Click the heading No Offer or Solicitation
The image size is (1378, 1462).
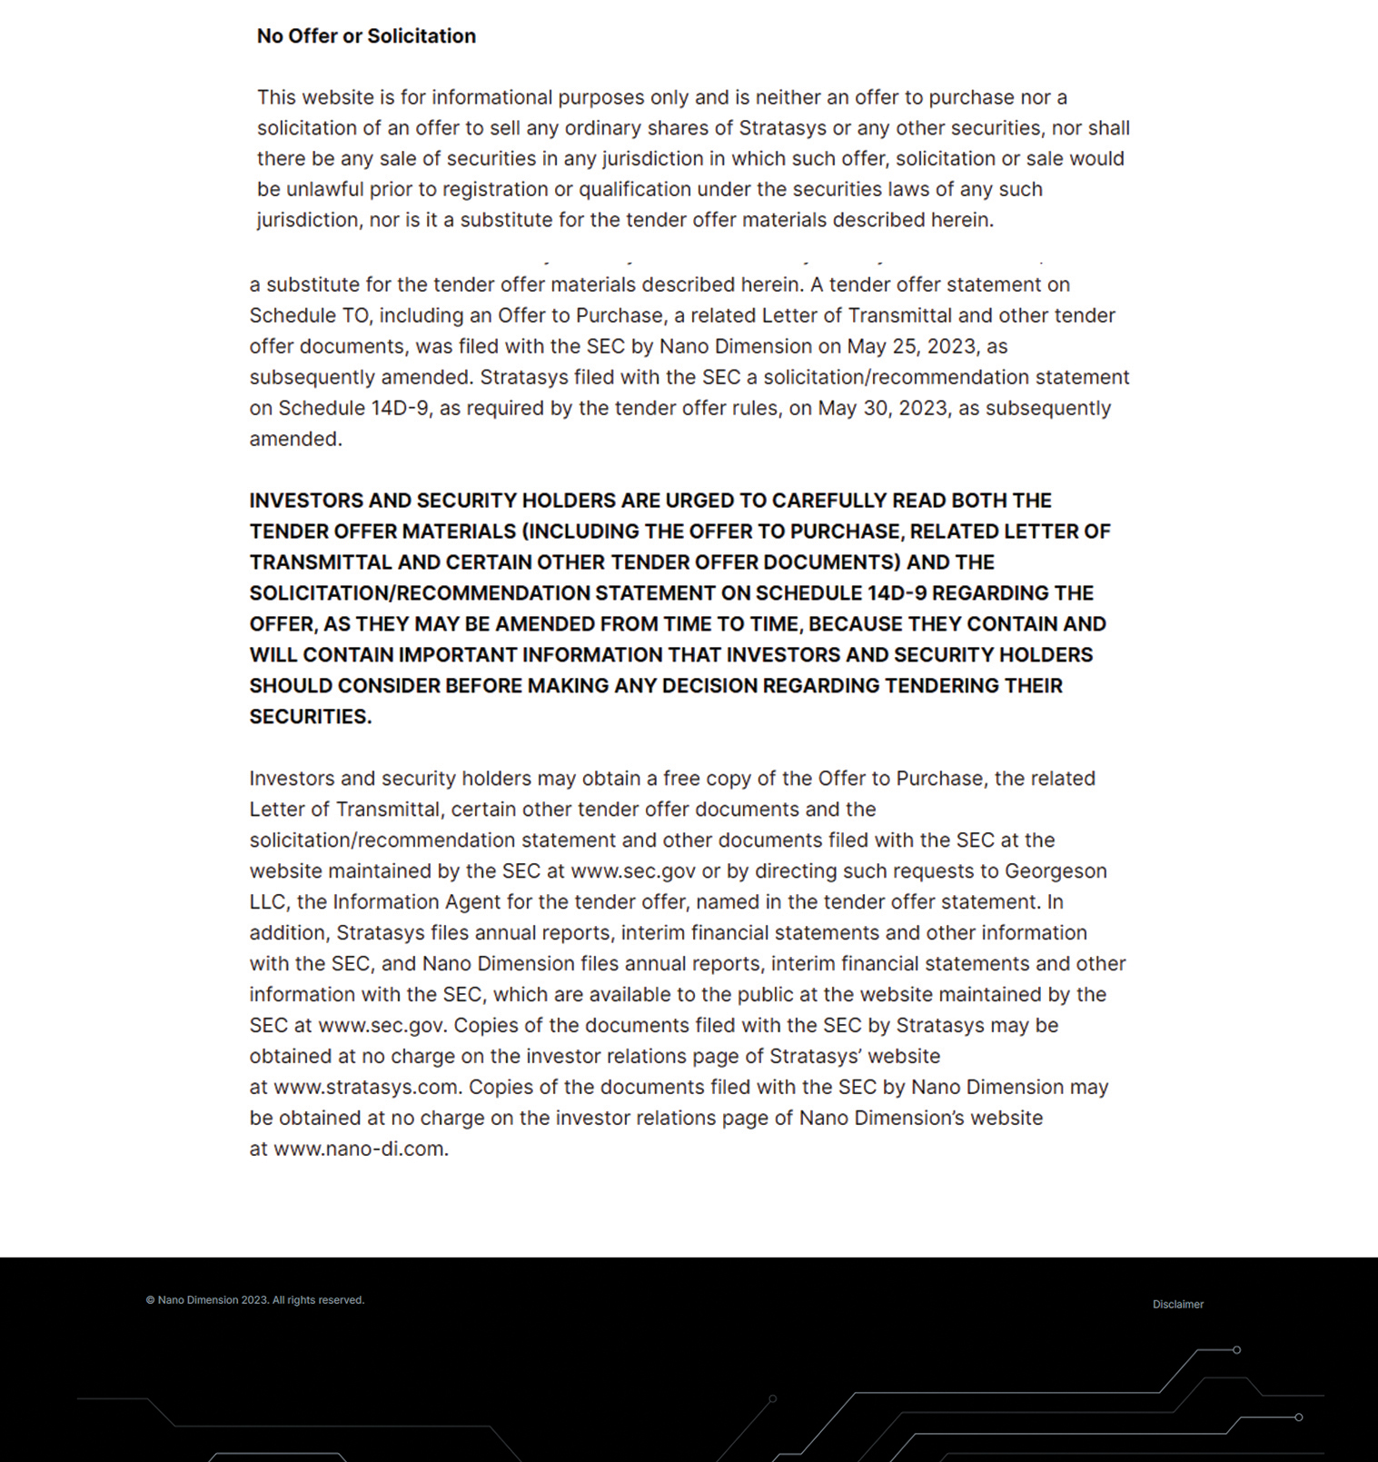tap(366, 36)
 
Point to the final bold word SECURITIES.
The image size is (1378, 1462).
tap(310, 717)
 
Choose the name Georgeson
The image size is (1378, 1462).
tap(1055, 871)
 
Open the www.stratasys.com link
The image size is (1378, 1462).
tap(366, 1088)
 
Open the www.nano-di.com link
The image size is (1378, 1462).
tap(359, 1149)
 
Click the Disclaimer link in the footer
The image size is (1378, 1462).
tap(1177, 1305)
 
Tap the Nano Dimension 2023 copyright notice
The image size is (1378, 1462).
tap(255, 1300)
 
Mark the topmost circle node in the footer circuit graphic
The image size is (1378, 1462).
tap(1236, 1350)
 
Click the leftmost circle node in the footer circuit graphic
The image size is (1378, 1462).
tap(772, 1399)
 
